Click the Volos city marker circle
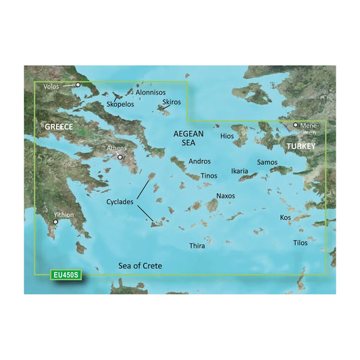click(x=78, y=85)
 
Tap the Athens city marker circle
click(x=120, y=157)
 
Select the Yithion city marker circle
click(x=55, y=221)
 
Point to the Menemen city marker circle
click(x=295, y=125)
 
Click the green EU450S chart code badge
click(x=66, y=276)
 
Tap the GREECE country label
click(x=59, y=127)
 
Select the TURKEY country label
click(x=301, y=146)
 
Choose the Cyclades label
click(x=119, y=202)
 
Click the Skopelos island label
click(x=120, y=105)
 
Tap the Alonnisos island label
click(x=153, y=92)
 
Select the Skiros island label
click(x=172, y=101)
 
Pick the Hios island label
click(x=227, y=136)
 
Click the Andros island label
click(x=201, y=161)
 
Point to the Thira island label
click(x=197, y=246)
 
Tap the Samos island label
click(x=267, y=163)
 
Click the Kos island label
click(x=286, y=217)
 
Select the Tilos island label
click(x=300, y=242)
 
